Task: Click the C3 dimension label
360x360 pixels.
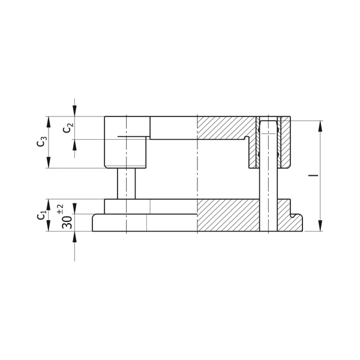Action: pyautogui.click(x=42, y=142)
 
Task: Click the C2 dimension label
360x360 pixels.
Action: pyautogui.click(x=68, y=128)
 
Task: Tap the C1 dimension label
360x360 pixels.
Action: pyautogui.click(x=42, y=214)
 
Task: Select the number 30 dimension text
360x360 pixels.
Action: pyautogui.click(x=67, y=222)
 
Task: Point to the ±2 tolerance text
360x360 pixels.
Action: pyautogui.click(x=61, y=209)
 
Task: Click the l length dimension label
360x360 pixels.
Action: pyautogui.click(x=313, y=175)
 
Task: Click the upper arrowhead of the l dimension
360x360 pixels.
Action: pyautogui.click(x=320, y=126)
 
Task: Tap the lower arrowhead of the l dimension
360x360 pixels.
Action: pyautogui.click(x=320, y=226)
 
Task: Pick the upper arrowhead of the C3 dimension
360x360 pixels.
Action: pyautogui.click(x=48, y=122)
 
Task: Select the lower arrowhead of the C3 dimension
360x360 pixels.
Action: pyautogui.click(x=48, y=163)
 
